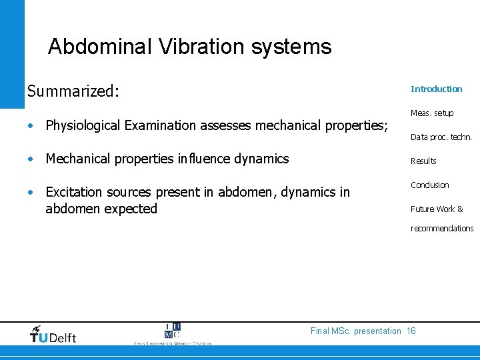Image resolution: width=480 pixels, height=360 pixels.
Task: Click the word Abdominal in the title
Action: point(100,47)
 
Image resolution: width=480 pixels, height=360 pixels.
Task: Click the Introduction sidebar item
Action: point(436,89)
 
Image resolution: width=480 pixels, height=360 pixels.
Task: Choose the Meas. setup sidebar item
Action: point(431,113)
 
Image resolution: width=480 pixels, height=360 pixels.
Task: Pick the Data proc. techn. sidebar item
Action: point(441,137)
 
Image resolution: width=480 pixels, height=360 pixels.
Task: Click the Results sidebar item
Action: point(423,161)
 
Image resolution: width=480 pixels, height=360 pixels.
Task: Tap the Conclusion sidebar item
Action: point(429,185)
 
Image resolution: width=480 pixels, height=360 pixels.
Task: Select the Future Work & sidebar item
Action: point(437,209)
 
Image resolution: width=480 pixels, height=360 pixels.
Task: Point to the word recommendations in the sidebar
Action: point(442,228)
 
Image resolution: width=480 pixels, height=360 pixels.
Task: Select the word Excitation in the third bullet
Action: point(73,192)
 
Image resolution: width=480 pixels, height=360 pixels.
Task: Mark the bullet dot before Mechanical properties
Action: point(31,159)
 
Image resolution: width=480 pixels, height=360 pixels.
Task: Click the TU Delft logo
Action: point(53,334)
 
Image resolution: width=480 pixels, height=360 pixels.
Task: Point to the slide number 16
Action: point(411,331)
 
